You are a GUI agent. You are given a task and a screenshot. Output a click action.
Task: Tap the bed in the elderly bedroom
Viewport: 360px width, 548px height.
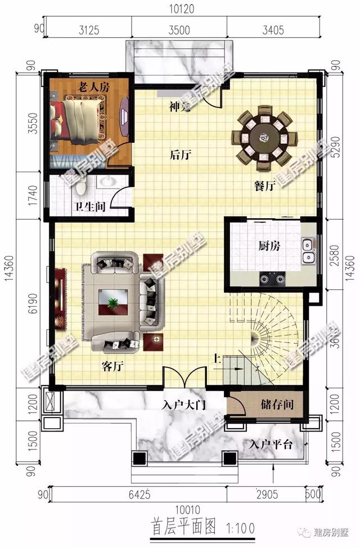(x=76, y=124)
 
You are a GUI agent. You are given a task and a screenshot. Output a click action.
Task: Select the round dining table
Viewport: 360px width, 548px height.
(x=262, y=137)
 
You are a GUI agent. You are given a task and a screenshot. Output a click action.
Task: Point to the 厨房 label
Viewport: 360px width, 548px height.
(x=269, y=246)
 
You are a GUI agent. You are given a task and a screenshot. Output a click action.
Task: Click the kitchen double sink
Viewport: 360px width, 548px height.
(x=307, y=251)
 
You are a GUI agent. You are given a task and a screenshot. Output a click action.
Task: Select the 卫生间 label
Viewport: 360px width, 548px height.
(x=90, y=206)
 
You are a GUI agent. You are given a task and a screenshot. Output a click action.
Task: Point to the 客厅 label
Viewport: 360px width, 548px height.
(x=112, y=367)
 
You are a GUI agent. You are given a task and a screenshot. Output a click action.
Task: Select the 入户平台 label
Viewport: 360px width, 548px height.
(x=271, y=444)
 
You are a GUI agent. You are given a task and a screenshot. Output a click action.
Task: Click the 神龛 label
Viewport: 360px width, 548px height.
(x=181, y=106)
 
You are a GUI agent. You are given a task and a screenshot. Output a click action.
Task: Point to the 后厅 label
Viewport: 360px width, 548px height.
(x=179, y=155)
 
